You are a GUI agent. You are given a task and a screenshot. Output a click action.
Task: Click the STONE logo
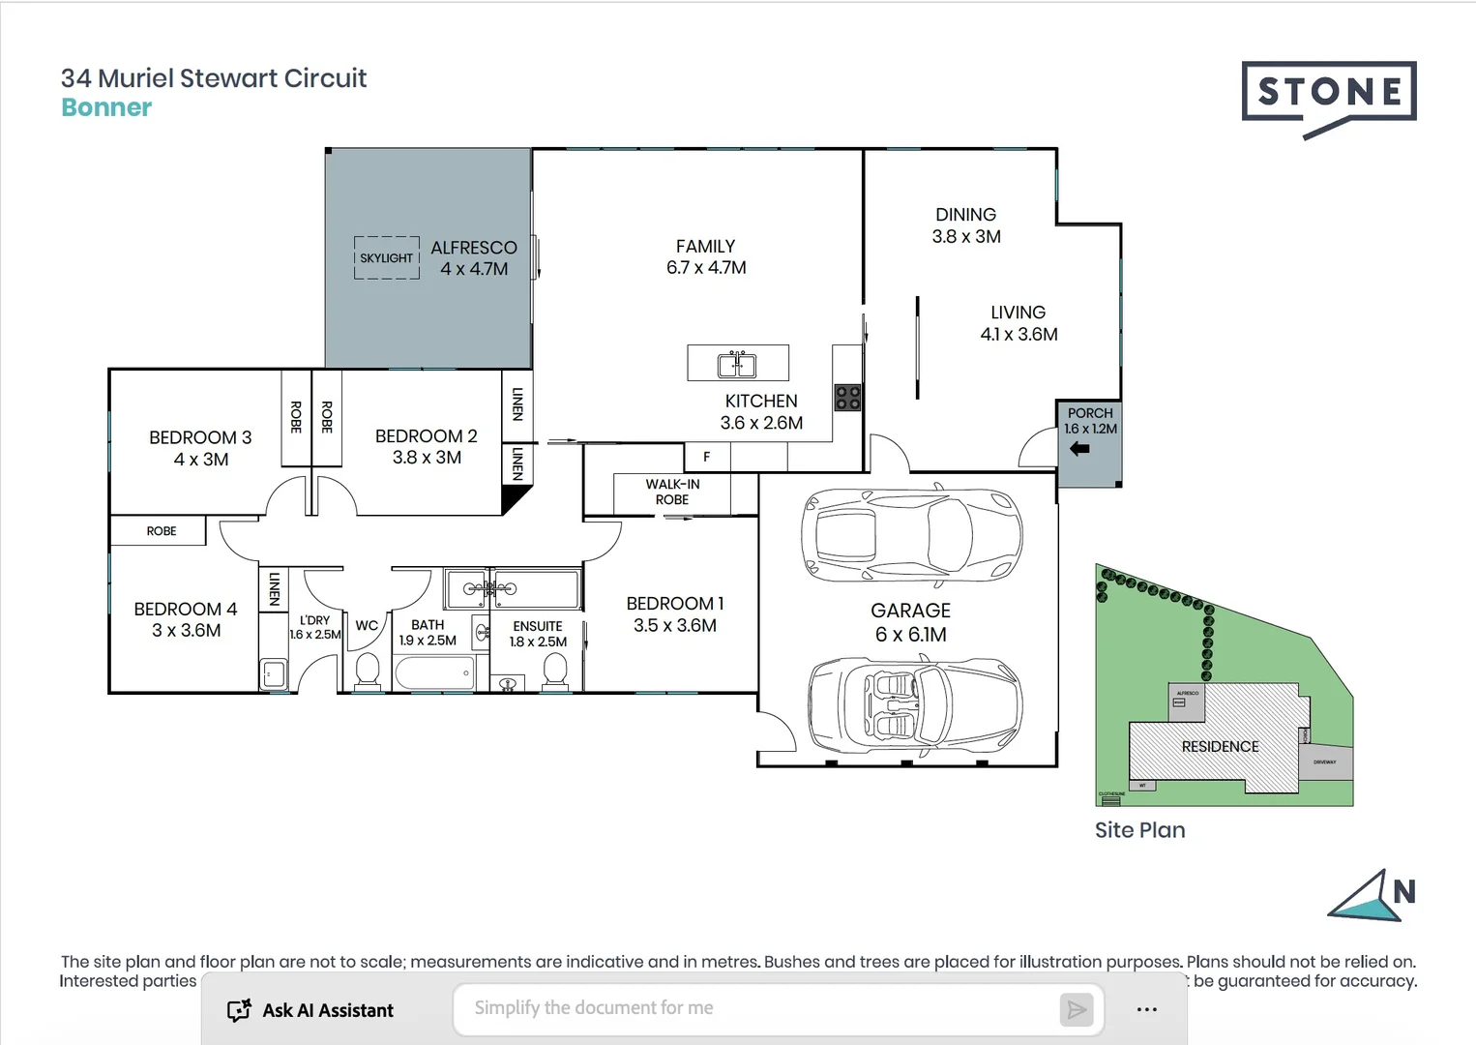(x=1329, y=94)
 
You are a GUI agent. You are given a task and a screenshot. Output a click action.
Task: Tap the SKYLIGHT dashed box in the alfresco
(x=387, y=258)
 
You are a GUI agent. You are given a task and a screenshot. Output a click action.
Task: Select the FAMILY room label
(x=705, y=247)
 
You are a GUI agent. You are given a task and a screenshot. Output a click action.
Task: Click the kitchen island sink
(x=737, y=364)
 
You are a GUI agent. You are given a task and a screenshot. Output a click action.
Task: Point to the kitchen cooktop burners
(x=847, y=397)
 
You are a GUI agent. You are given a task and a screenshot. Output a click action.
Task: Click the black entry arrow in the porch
(x=1079, y=449)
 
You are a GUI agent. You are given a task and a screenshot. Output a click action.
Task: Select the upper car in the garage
(x=910, y=535)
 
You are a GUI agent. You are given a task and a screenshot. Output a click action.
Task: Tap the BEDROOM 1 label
(x=674, y=604)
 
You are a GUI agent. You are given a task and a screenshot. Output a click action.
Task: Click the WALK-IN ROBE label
(x=672, y=492)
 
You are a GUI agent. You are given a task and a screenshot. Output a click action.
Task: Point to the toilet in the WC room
(x=367, y=670)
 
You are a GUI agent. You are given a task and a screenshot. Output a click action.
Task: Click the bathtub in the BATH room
(x=434, y=672)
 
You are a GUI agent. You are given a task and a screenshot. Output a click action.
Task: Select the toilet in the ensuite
(x=554, y=670)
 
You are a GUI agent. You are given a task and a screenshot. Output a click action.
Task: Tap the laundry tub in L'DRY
(x=274, y=673)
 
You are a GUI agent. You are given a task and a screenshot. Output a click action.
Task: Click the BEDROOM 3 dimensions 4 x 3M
(x=201, y=460)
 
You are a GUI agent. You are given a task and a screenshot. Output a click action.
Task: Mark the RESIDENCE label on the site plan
(x=1220, y=747)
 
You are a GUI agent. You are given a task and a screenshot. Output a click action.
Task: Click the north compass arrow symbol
(x=1364, y=897)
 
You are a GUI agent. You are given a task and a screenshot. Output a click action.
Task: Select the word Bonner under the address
(x=106, y=107)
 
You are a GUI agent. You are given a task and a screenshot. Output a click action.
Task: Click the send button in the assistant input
(x=1076, y=1010)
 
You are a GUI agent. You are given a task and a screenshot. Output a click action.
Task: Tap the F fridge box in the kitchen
(x=706, y=457)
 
